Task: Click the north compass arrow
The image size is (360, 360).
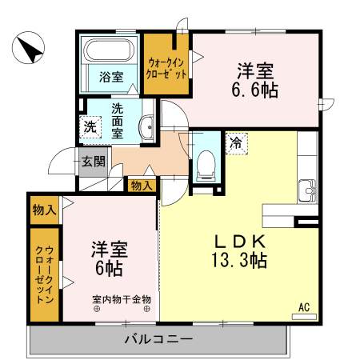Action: (30, 50)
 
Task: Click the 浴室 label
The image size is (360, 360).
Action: (111, 78)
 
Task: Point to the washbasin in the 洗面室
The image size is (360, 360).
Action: (147, 126)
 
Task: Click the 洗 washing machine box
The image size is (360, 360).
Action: (90, 126)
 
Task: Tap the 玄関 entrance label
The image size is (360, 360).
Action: (93, 161)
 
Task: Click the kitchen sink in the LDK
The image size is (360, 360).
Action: (307, 191)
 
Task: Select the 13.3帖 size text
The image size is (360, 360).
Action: (239, 259)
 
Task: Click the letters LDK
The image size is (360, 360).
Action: (238, 239)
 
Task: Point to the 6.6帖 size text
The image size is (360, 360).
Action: (256, 90)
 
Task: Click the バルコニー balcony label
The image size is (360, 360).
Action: (158, 340)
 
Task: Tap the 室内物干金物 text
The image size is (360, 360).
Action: (122, 300)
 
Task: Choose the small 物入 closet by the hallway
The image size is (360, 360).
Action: (140, 186)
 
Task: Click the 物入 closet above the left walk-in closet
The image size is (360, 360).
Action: (44, 210)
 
